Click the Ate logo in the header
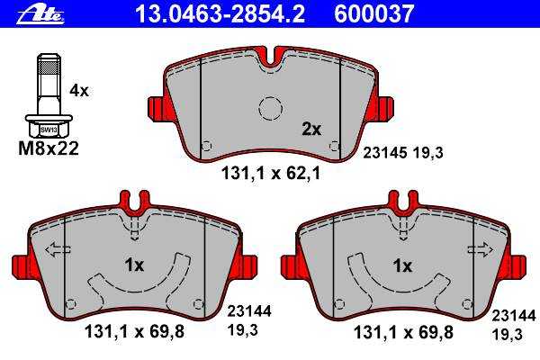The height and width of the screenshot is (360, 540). (40, 14)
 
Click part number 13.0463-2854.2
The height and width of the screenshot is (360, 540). (220, 13)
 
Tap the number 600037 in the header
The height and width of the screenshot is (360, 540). (373, 13)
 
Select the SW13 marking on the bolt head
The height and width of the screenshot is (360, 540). (49, 130)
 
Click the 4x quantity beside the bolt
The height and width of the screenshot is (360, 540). (79, 91)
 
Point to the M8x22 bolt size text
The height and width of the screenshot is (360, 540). (49, 148)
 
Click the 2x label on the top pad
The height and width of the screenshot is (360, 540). (311, 130)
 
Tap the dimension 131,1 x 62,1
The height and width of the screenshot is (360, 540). (270, 174)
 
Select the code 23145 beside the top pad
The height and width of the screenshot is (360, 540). (385, 153)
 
